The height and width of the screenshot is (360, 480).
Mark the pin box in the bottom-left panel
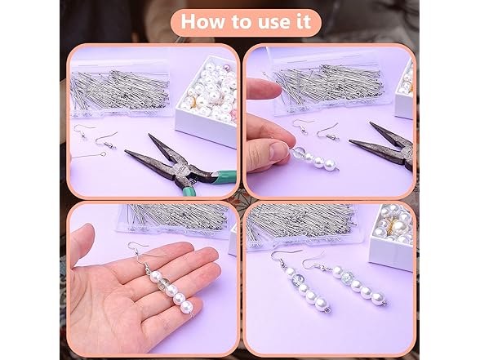point(171,219)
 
